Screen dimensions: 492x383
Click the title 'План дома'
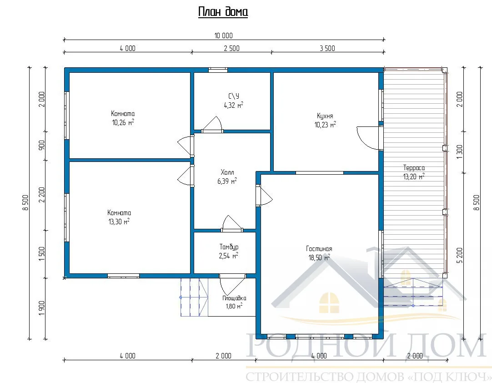click(x=223, y=12)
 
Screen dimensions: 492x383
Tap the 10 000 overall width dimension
click(x=224, y=35)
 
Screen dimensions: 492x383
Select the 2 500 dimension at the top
click(x=231, y=48)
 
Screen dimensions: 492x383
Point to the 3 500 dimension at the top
click(x=327, y=48)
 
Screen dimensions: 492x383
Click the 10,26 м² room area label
click(x=123, y=122)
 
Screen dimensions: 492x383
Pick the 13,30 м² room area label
click(x=119, y=222)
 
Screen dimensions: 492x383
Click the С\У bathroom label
click(x=233, y=96)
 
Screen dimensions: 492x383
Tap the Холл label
click(x=227, y=172)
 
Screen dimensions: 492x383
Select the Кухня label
click(x=325, y=116)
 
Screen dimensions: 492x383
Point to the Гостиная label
click(x=319, y=249)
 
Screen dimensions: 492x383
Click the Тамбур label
click(x=229, y=247)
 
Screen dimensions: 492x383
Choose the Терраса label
click(x=414, y=168)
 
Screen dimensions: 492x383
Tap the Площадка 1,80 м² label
click(x=234, y=302)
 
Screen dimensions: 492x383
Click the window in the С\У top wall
click(x=218, y=70)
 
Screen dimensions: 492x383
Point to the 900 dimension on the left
click(x=42, y=145)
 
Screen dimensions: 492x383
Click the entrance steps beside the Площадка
click(x=194, y=297)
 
